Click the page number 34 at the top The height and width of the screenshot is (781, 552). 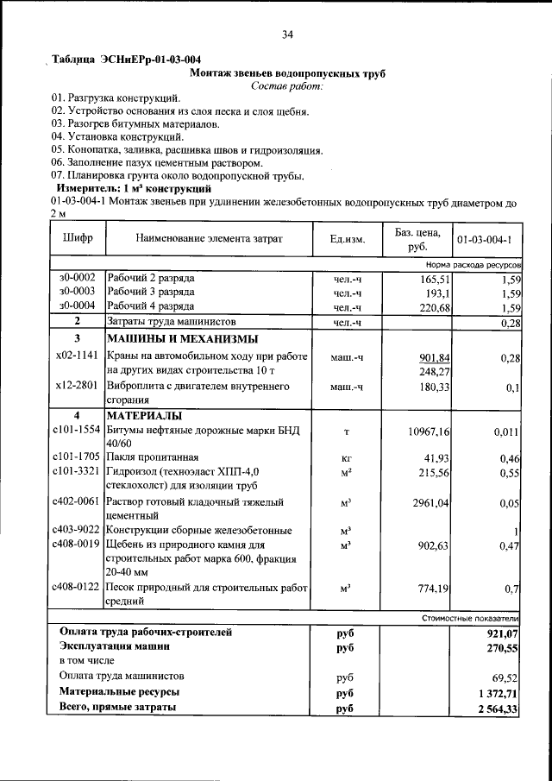(287, 35)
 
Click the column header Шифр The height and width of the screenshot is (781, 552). (78, 239)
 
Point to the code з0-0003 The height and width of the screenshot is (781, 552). (77, 293)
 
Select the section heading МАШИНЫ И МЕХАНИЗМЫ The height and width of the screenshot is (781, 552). (182, 338)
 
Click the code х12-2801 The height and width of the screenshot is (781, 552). (77, 387)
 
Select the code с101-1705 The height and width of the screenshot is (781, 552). (77, 457)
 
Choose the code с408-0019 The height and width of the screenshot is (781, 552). (77, 545)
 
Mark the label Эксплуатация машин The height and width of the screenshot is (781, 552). (114, 646)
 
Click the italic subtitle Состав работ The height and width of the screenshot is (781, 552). (287, 87)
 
